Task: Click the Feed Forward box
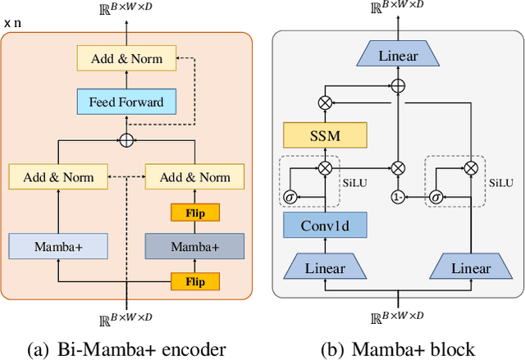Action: [x=126, y=103]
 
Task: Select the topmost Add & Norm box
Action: [x=126, y=58]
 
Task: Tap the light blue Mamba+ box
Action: [x=58, y=246]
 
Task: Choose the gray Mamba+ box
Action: [x=194, y=246]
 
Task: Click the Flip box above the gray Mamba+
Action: [x=194, y=213]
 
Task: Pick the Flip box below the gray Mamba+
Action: [x=194, y=281]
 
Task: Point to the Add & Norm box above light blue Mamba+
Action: [x=58, y=176]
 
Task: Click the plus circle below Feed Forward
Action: [x=126, y=140]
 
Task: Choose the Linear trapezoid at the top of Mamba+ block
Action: [x=398, y=57]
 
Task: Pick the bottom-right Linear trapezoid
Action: [x=471, y=267]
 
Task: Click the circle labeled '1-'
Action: [x=398, y=198]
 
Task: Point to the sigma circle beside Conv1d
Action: [x=290, y=198]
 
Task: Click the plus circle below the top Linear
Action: [x=398, y=84]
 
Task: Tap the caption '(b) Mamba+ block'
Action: [x=398, y=349]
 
